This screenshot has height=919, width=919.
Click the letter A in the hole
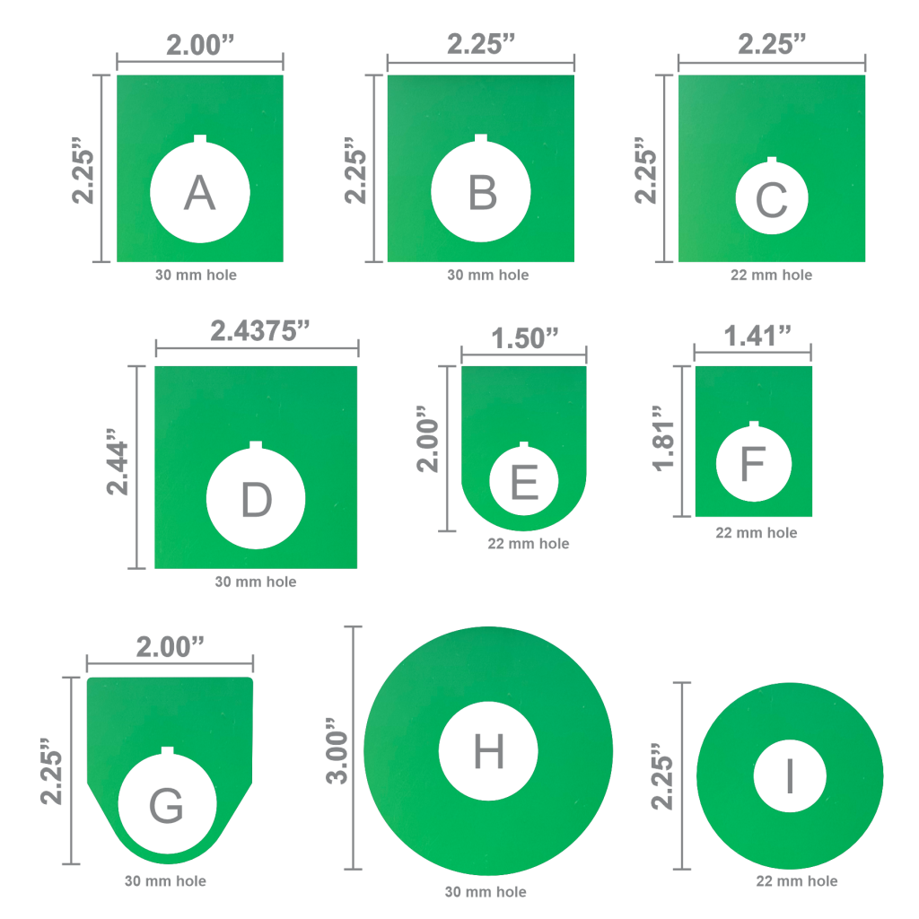click(x=199, y=193)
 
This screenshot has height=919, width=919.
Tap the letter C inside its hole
click(x=772, y=201)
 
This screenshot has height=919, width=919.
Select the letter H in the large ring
click(x=488, y=751)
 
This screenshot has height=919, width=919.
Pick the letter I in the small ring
click(x=790, y=777)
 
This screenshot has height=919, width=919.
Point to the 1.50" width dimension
click(x=525, y=338)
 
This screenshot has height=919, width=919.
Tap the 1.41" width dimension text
click(x=757, y=337)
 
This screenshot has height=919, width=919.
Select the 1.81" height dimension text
click(x=665, y=438)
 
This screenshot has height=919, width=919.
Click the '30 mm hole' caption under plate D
click(x=256, y=582)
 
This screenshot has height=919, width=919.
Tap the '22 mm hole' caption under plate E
click(x=528, y=543)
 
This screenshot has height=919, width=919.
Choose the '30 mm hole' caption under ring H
click(x=486, y=892)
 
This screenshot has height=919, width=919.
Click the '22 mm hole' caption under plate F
click(x=756, y=532)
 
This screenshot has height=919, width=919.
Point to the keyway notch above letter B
click(x=481, y=139)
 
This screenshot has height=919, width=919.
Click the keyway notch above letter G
click(x=167, y=751)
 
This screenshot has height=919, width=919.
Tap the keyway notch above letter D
click(x=256, y=446)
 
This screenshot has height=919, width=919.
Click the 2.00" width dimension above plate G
click(x=171, y=647)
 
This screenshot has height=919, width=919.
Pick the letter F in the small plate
click(x=752, y=464)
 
